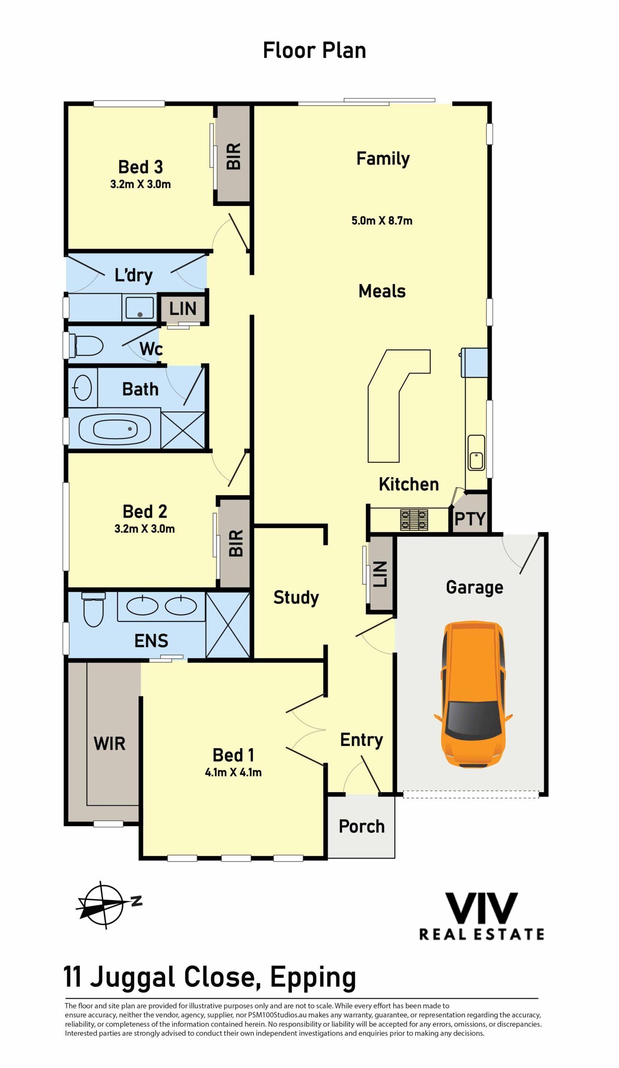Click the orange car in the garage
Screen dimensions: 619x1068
(473, 694)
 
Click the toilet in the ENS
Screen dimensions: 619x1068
(93, 609)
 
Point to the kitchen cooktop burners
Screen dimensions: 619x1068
(414, 519)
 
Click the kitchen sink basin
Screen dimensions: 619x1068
(476, 452)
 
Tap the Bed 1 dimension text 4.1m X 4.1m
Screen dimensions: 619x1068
(233, 772)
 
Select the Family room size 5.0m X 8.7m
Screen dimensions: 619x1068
(382, 220)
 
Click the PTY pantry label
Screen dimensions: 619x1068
(470, 519)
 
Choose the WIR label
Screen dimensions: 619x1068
(109, 743)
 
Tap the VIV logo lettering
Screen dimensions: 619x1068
(481, 908)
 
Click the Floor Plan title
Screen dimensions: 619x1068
(314, 50)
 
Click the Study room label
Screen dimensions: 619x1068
(296, 597)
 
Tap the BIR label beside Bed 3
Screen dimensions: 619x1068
(234, 156)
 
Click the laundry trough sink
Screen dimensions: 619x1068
(139, 307)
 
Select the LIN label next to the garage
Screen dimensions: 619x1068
(380, 574)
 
